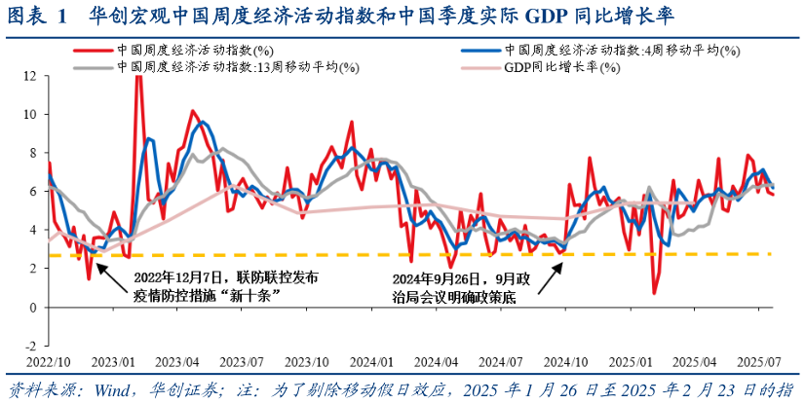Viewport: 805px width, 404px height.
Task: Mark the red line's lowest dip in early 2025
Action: click(654, 293)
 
